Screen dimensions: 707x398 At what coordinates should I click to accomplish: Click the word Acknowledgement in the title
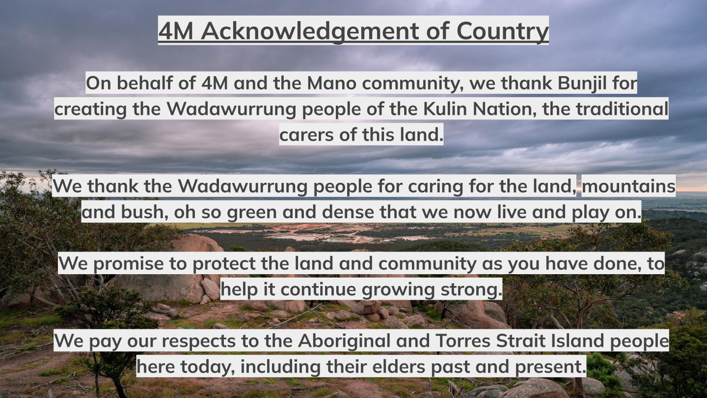pyautogui.click(x=310, y=31)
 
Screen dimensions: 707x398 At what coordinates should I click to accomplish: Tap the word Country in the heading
pyautogui.click(x=503, y=31)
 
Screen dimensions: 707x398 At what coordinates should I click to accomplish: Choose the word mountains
pyautogui.click(x=629, y=186)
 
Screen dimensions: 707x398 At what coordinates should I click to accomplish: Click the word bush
pyautogui.click(x=144, y=212)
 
